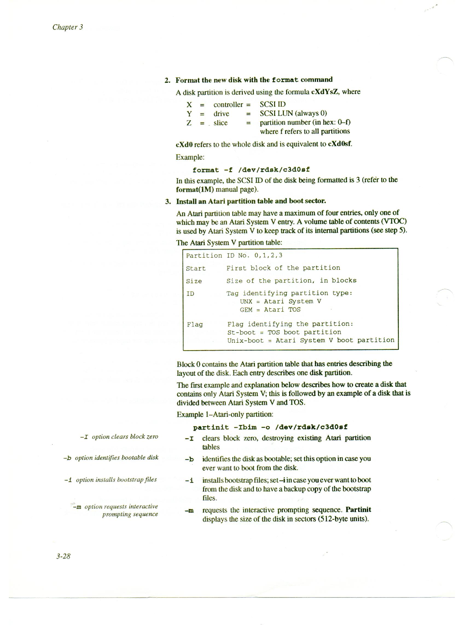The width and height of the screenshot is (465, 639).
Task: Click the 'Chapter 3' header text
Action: pyautogui.click(x=68, y=27)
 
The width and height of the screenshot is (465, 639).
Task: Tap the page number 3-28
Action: pyautogui.click(x=63, y=556)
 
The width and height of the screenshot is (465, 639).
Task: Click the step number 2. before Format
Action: pyautogui.click(x=167, y=80)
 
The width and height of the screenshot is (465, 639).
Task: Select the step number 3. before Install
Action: pyautogui.click(x=168, y=201)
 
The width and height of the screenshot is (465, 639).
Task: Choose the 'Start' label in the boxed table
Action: pyautogui.click(x=196, y=268)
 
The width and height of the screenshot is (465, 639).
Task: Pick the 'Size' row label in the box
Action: pyautogui.click(x=194, y=281)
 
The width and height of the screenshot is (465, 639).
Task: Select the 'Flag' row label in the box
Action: pyautogui.click(x=194, y=325)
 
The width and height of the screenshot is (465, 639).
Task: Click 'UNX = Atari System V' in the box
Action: pyautogui.click(x=280, y=301)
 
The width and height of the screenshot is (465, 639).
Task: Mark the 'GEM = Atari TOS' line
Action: pyautogui.click(x=270, y=310)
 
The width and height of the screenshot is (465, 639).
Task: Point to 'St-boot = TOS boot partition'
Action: pyautogui.click(x=284, y=332)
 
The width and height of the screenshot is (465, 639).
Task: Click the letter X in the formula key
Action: pyautogui.click(x=189, y=105)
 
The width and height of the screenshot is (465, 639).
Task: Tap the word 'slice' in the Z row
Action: pyautogui.click(x=220, y=123)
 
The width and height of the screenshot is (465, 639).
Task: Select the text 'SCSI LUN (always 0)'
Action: pyautogui.click(x=293, y=113)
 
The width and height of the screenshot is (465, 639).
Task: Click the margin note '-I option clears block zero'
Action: pyautogui.click(x=119, y=437)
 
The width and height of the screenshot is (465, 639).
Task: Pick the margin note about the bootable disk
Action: pyautogui.click(x=111, y=458)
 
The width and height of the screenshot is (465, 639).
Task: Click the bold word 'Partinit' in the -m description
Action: pyautogui.click(x=358, y=510)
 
